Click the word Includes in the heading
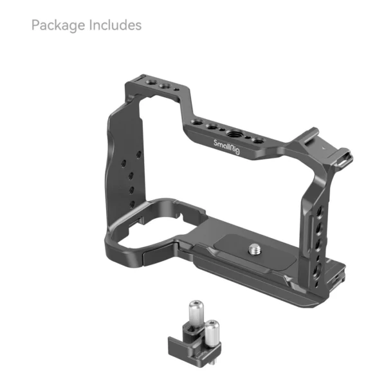tap(116, 26)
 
